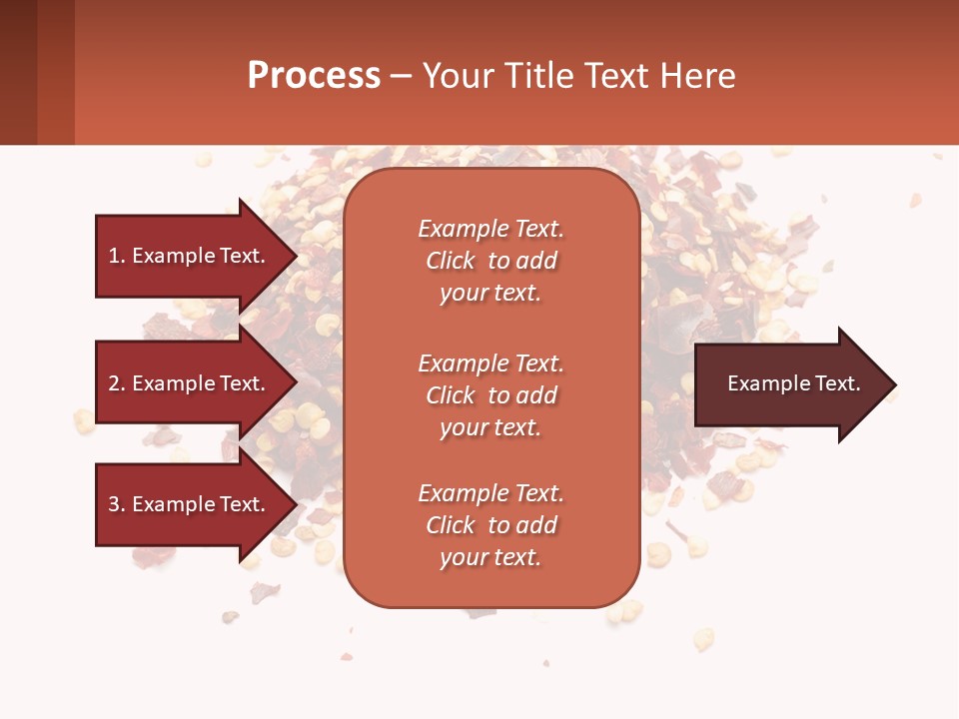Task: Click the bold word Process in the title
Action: [314, 76]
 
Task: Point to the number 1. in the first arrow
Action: [117, 256]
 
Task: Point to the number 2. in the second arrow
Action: [117, 383]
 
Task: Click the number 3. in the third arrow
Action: [117, 504]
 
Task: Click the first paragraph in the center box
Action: [490, 261]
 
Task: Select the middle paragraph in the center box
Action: [490, 395]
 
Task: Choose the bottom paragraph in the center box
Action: [490, 525]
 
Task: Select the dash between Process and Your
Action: [401, 77]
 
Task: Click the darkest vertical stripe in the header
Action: [18, 72]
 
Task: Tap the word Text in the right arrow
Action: [837, 383]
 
